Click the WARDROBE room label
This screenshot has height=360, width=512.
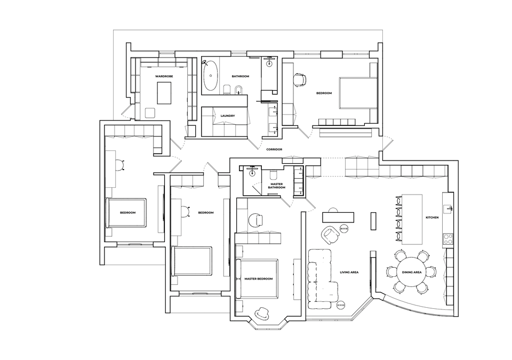click(164, 76)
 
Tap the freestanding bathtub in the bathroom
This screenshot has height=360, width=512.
click(211, 75)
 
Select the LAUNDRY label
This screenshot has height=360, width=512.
click(228, 116)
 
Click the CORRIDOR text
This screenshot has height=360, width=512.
click(274, 149)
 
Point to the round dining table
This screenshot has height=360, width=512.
click(411, 272)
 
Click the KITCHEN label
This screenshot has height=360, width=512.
click(432, 217)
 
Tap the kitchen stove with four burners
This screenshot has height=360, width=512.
click(448, 239)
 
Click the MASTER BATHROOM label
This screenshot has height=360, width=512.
click(277, 186)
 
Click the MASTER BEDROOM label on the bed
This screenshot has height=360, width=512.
click(259, 278)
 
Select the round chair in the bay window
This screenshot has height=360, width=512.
click(262, 314)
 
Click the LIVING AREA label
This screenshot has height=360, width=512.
click(349, 272)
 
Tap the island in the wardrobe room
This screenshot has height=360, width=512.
click(164, 93)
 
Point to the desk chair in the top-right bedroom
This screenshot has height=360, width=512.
click(300, 80)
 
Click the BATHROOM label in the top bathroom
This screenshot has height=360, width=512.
click(241, 76)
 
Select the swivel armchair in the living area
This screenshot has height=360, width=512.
click(330, 235)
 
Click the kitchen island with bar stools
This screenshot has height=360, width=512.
click(411, 219)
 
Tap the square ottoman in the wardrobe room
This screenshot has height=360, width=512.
click(150, 113)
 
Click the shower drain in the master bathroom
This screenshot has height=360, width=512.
click(252, 173)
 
